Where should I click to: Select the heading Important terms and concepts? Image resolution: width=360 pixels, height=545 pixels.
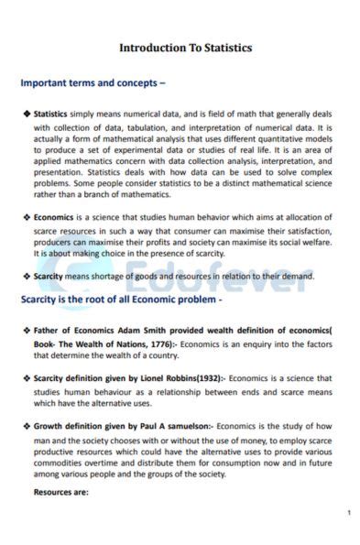[93, 82]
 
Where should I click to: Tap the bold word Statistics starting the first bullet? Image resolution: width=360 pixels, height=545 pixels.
[50, 114]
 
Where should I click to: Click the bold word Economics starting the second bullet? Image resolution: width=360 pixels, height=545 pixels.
[53, 218]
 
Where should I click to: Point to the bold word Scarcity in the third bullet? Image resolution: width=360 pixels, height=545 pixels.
[49, 277]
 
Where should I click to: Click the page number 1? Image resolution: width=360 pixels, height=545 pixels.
[348, 513]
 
